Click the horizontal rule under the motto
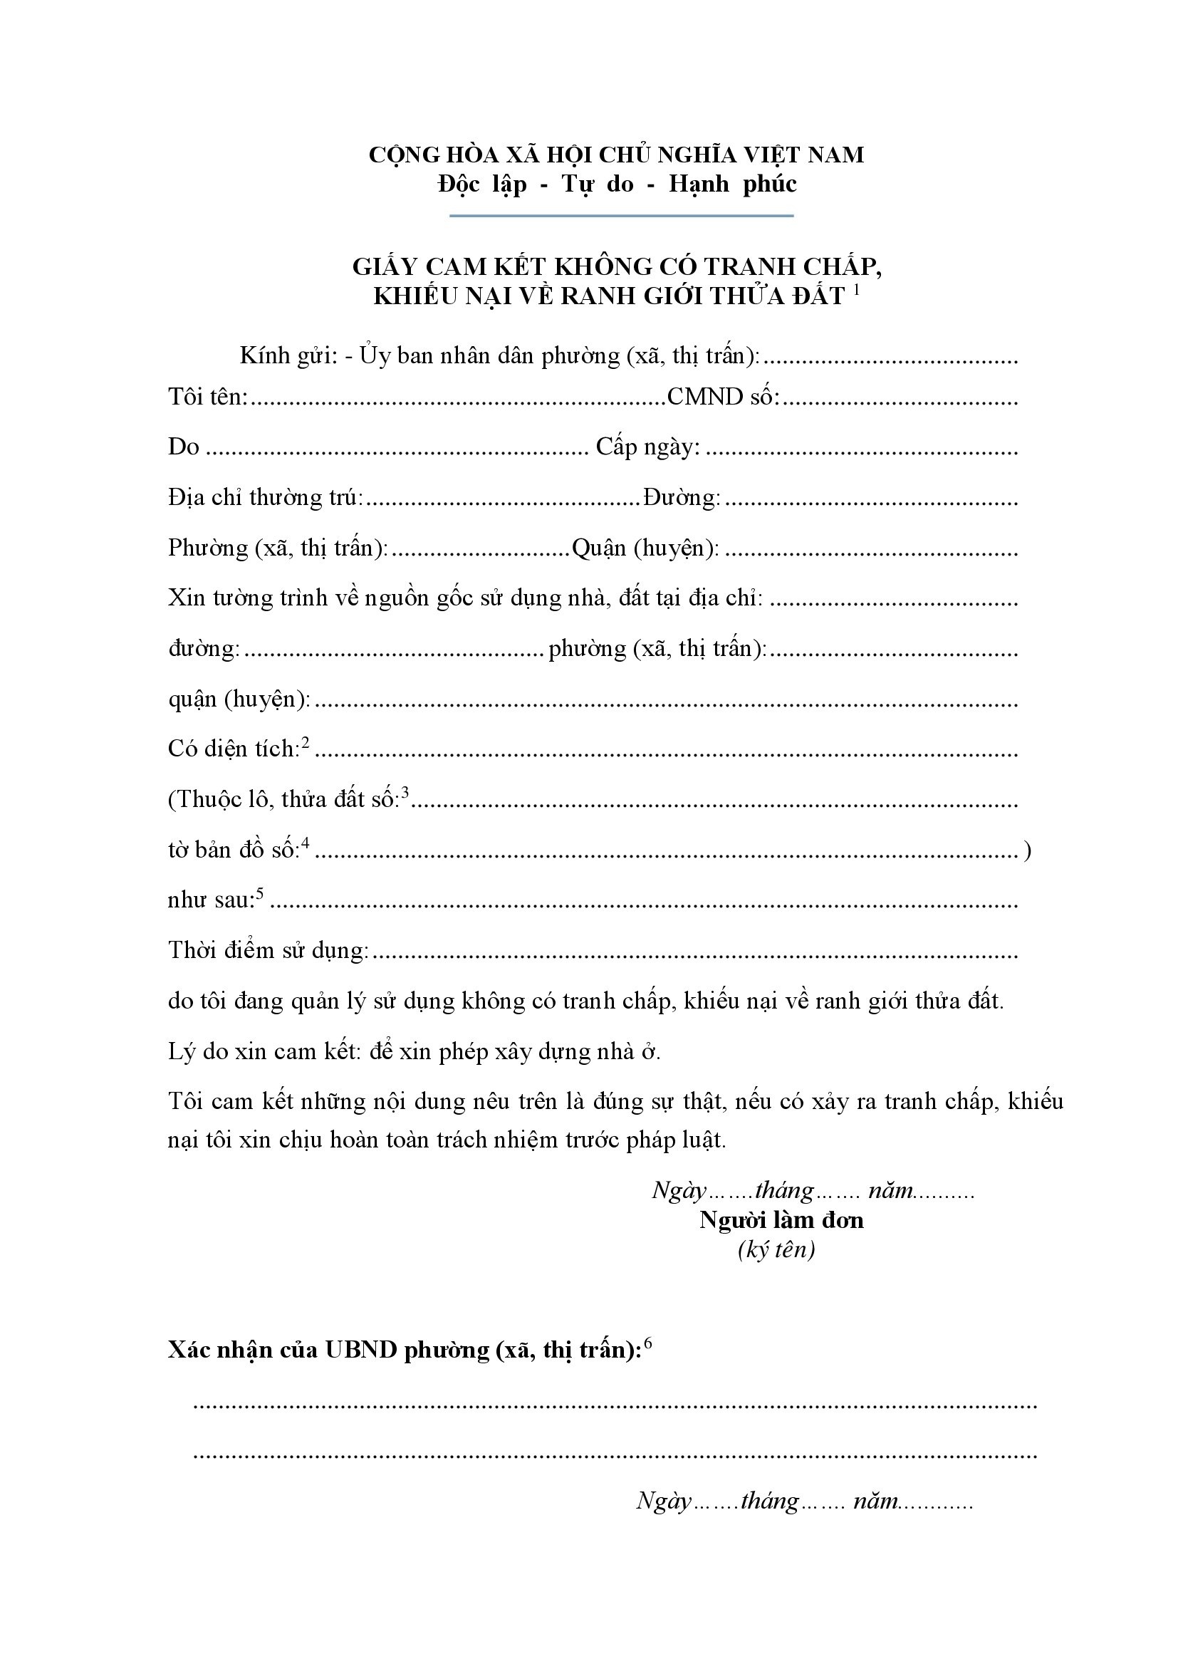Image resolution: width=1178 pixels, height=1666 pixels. pos(621,216)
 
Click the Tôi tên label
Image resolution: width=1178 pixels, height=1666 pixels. pos(207,397)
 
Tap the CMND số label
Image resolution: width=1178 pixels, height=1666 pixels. pos(722,397)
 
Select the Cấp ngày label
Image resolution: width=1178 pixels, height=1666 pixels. pos(647,447)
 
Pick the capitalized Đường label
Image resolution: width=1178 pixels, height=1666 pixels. pos(681,498)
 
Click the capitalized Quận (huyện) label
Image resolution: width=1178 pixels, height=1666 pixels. pos(645,548)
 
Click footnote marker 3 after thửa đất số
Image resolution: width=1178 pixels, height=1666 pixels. pos(405,793)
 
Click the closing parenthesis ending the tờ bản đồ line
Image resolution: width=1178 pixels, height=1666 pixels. pos(1026,850)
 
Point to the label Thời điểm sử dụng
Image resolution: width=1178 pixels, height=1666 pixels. pos(268,951)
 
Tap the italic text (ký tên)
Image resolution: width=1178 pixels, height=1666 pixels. pos(776,1249)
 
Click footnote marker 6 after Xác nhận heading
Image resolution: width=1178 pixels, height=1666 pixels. pos(647,1343)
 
